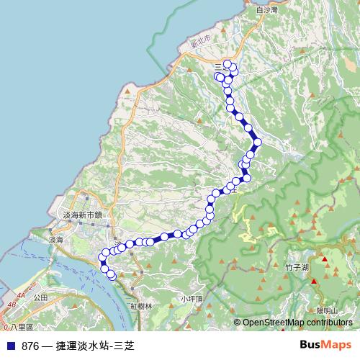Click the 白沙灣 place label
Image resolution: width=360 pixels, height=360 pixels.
[266, 10]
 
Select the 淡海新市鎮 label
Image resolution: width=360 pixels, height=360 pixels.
[82, 215]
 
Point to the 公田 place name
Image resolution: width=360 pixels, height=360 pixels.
[40, 296]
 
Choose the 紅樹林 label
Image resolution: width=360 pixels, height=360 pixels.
[141, 306]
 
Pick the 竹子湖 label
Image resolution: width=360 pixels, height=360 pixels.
[297, 266]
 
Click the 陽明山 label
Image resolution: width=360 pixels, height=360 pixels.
[327, 310]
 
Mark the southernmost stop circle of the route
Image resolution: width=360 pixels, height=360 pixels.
[112, 275]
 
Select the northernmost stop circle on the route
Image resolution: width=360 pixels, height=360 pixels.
[228, 64]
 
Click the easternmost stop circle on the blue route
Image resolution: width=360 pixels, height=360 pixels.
[257, 141]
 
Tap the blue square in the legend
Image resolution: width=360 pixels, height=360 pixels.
[10, 346]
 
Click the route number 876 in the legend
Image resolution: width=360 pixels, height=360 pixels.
[30, 346]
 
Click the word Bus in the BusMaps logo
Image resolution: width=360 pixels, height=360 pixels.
[310, 345]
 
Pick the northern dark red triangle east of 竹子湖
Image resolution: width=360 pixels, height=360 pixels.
[324, 259]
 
